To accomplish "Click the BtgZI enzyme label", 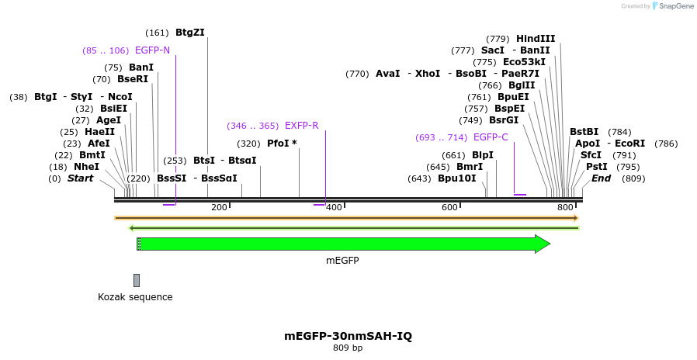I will click(x=190, y=33).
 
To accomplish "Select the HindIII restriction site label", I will click(x=536, y=39).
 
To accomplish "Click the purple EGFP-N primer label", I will click(x=152, y=50).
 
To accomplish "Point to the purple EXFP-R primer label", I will click(x=301, y=126).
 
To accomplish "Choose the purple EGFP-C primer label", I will click(x=491, y=137).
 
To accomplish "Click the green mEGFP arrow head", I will click(x=543, y=244).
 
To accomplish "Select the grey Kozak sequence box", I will click(x=137, y=280).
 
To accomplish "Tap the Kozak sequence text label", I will click(x=135, y=297).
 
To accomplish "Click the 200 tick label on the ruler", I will click(x=220, y=207).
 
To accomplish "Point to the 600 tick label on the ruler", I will click(x=450, y=207).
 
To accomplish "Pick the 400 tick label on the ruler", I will click(x=335, y=207).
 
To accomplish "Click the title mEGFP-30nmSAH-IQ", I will click(x=348, y=336).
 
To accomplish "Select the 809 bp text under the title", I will click(x=348, y=348).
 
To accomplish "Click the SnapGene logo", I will click(x=673, y=6).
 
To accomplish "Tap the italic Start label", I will click(x=80, y=178).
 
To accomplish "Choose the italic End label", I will click(x=602, y=178).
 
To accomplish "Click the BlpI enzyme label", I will click(x=483, y=155).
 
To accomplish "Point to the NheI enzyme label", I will click(x=87, y=167).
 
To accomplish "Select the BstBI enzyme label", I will click(x=584, y=132).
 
